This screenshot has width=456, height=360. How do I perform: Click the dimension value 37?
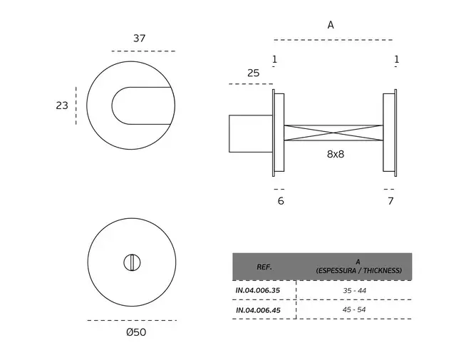[x=140, y=38]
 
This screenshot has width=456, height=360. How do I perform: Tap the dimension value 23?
[x=62, y=106]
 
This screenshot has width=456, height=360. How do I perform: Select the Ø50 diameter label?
[x=136, y=332]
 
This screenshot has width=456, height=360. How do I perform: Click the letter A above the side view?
[x=331, y=26]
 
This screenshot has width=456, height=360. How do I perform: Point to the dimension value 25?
[x=254, y=73]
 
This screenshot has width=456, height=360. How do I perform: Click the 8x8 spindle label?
[x=336, y=154]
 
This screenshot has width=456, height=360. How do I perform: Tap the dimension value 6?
[x=281, y=201]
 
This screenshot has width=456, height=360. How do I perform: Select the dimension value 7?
[x=390, y=201]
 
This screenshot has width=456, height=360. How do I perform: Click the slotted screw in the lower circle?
[x=132, y=262]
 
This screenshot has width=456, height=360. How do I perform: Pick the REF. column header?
[x=264, y=267]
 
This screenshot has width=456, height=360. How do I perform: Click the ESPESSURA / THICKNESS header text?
[x=359, y=271]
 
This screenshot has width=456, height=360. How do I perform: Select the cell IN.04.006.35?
[x=258, y=290]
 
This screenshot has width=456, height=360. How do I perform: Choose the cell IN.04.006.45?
[x=258, y=310]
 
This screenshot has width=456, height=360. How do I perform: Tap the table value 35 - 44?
[x=355, y=290]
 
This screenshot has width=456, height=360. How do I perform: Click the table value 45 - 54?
[x=354, y=309]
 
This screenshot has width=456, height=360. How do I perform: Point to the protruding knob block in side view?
[x=251, y=133]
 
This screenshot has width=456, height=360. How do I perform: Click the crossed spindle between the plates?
[x=333, y=133]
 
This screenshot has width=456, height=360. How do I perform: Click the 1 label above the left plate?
[x=274, y=59]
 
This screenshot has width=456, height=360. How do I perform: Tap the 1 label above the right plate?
[x=397, y=59]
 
